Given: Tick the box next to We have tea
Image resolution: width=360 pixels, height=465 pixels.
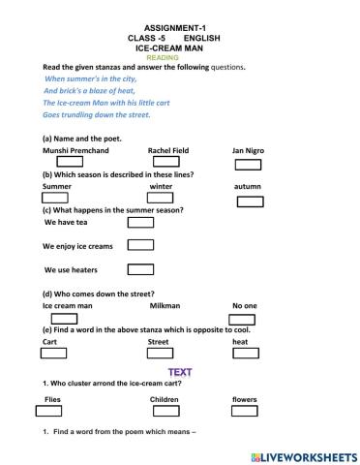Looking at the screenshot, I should [x=140, y=221].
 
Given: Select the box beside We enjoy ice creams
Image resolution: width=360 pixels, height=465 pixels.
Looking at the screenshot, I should [x=140, y=244].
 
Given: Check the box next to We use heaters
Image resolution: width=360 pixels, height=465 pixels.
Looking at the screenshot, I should [x=140, y=268].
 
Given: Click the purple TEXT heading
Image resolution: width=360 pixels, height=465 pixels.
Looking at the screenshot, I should [x=180, y=372].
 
